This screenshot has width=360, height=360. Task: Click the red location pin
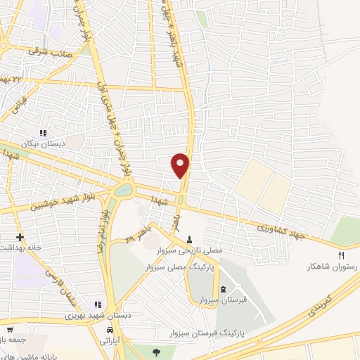point(181,165)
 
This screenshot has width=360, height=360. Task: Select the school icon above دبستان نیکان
point(43,132)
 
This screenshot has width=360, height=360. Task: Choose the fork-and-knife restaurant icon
point(342,256)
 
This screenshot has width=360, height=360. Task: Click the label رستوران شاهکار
point(328,267)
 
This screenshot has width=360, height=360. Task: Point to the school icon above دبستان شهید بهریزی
point(98,304)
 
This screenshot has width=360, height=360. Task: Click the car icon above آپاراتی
point(110,329)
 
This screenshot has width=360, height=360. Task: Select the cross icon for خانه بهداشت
point(20,237)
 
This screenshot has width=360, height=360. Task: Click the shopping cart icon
point(10,329)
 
